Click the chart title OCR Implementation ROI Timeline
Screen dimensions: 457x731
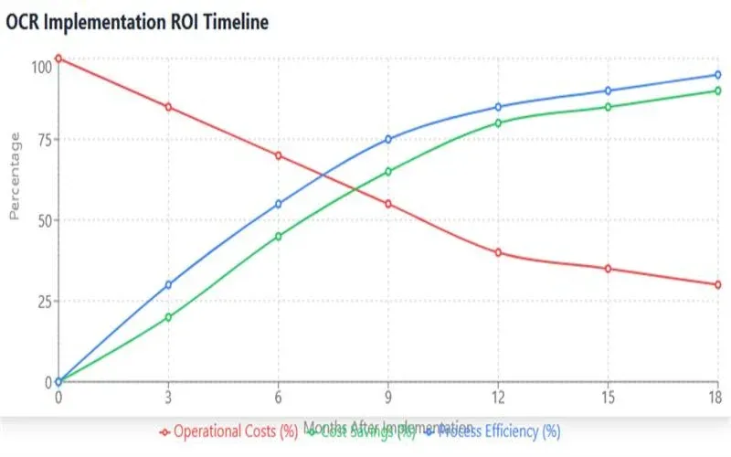[x=137, y=23]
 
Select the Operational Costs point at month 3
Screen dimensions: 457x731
[x=168, y=107]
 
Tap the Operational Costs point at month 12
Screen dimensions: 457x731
[x=498, y=252]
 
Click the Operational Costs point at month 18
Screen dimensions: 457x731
[x=717, y=284]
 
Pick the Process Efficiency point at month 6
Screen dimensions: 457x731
[x=278, y=204]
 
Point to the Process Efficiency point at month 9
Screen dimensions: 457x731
[x=387, y=139]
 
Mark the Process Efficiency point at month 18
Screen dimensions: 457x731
[x=717, y=75]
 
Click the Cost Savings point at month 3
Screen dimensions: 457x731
[x=168, y=317]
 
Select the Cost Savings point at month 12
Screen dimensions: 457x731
[x=498, y=122]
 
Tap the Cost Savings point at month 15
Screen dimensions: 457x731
[x=608, y=107]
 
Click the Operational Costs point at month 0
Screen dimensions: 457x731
[x=58, y=58]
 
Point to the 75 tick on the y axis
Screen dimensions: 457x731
[x=40, y=140]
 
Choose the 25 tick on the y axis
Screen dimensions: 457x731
[x=40, y=302]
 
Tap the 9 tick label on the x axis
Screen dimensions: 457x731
[x=387, y=397]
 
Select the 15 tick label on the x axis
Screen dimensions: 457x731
[x=608, y=397]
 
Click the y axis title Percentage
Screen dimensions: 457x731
[x=15, y=175]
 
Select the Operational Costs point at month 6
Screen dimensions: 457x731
[x=278, y=155]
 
